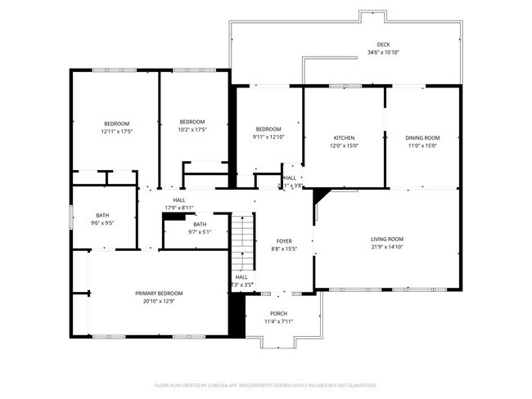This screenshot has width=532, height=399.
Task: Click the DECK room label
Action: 383,45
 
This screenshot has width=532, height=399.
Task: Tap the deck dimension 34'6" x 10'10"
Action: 383,52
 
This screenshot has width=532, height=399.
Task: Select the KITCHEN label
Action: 344,137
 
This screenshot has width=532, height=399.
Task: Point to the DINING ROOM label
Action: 423,137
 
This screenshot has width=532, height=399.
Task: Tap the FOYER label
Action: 284,241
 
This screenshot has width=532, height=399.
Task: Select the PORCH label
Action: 279,313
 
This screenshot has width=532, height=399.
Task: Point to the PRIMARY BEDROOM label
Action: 159,293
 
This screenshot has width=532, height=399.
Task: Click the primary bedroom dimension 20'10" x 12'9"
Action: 159,300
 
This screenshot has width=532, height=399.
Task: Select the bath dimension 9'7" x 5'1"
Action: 200,231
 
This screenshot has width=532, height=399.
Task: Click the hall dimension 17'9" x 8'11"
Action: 178,207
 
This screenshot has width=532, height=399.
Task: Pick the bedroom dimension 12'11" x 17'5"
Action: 117,131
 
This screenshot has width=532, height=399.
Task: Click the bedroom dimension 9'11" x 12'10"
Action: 268,137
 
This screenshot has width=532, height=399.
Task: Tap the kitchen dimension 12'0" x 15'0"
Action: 344,146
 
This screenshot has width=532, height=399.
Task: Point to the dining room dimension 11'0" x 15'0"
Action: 423,146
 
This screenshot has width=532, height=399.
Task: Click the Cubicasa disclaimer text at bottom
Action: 265,384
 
